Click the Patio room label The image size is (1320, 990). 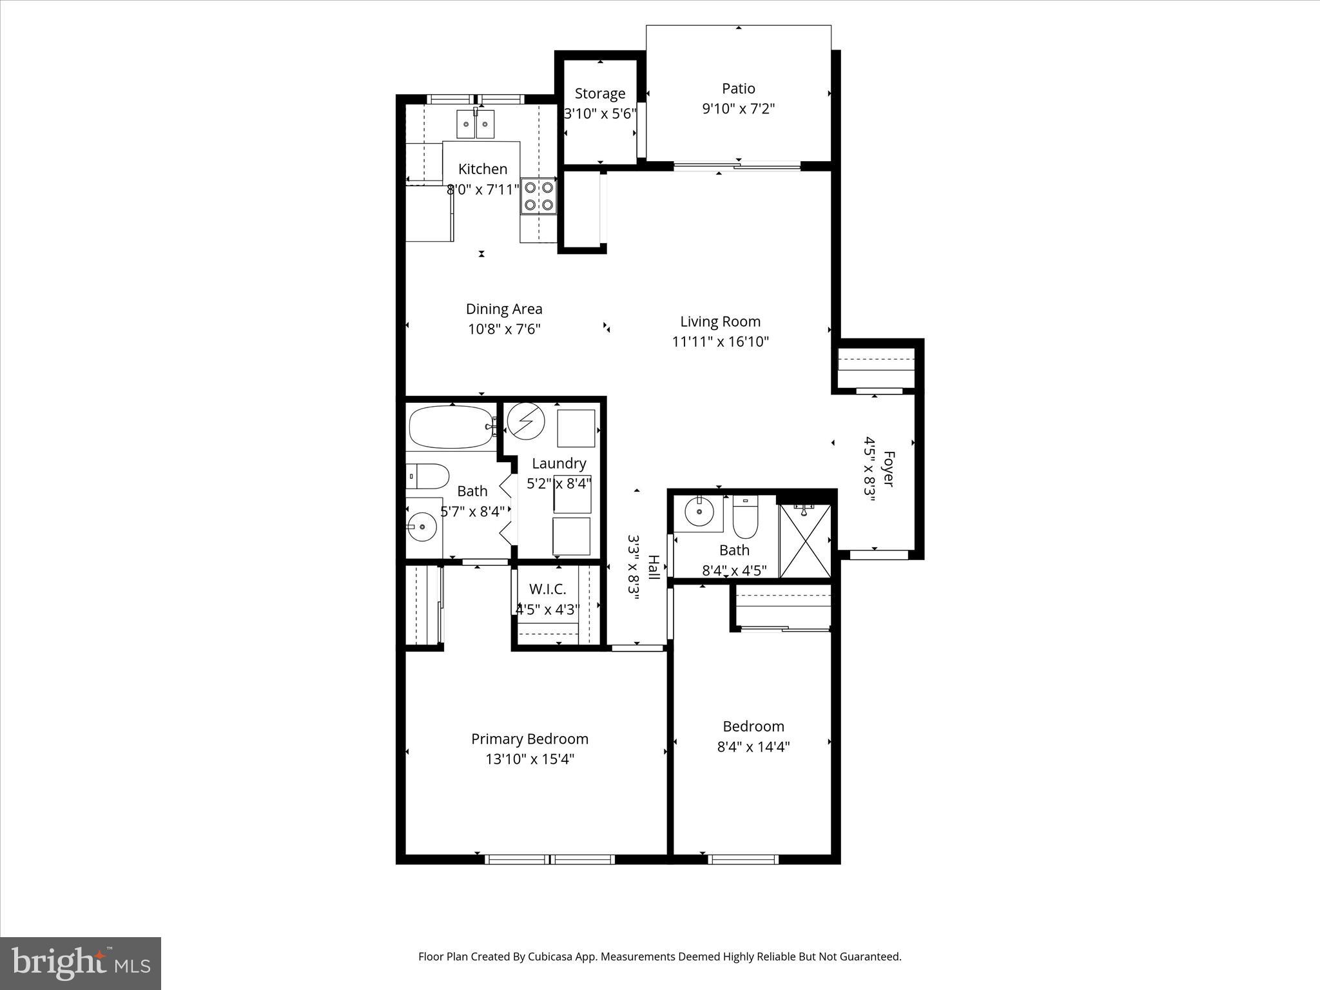pos(738,88)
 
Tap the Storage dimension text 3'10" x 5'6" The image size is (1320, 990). pos(600,114)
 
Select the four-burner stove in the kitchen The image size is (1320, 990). pos(539,196)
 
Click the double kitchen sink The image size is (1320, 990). pos(475,124)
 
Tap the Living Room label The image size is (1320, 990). pos(720,321)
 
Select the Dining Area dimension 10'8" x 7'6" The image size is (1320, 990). pos(503,329)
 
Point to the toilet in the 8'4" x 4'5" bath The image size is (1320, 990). pos(745,519)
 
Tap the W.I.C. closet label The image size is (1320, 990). pos(547,588)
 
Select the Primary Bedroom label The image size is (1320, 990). pos(529,739)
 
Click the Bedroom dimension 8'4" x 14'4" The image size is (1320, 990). pos(753,747)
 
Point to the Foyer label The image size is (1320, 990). pos(889,469)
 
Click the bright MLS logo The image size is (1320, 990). pos(81,963)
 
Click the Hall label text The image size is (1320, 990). pos(654,567)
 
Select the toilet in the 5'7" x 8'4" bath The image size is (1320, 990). pos(427,477)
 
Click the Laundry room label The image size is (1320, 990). pos(559,463)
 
